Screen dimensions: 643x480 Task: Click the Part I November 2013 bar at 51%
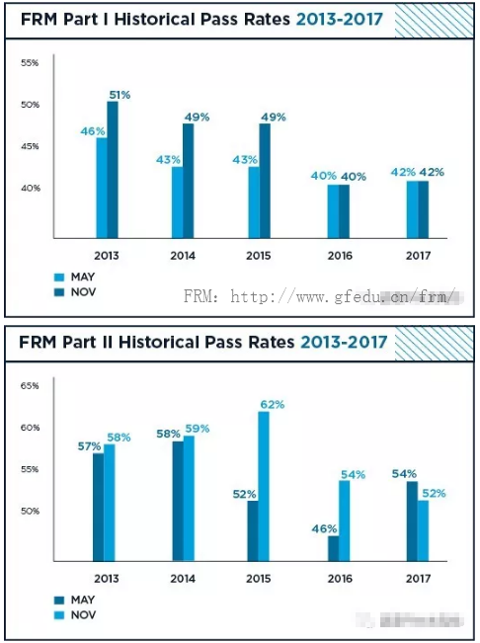113,169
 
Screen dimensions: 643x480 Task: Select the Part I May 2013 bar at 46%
102,188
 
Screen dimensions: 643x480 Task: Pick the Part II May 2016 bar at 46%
333,548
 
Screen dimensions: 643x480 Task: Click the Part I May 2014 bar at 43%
178,201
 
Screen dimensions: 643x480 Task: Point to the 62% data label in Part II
273,404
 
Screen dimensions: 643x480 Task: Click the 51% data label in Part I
120,95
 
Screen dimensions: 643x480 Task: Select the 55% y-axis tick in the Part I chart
30,63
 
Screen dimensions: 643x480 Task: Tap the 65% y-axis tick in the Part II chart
30,386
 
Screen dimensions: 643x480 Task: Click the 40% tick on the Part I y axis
30,188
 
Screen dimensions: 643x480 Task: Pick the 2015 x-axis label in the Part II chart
259,578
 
